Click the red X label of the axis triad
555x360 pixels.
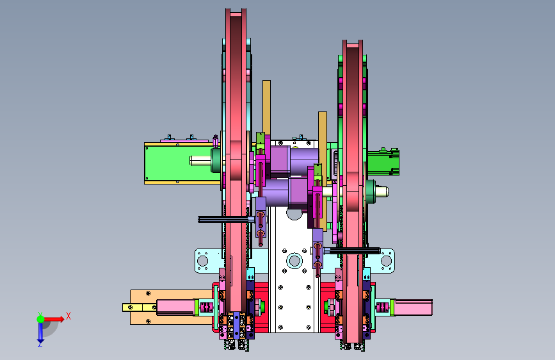[68, 316]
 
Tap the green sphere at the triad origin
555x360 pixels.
[40, 319]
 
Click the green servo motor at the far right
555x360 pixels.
[383, 162]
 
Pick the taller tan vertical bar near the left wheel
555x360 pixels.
[266, 107]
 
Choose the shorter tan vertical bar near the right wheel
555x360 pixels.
[323, 138]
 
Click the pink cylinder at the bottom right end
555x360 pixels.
[413, 307]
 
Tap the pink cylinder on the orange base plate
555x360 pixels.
[176, 307]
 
